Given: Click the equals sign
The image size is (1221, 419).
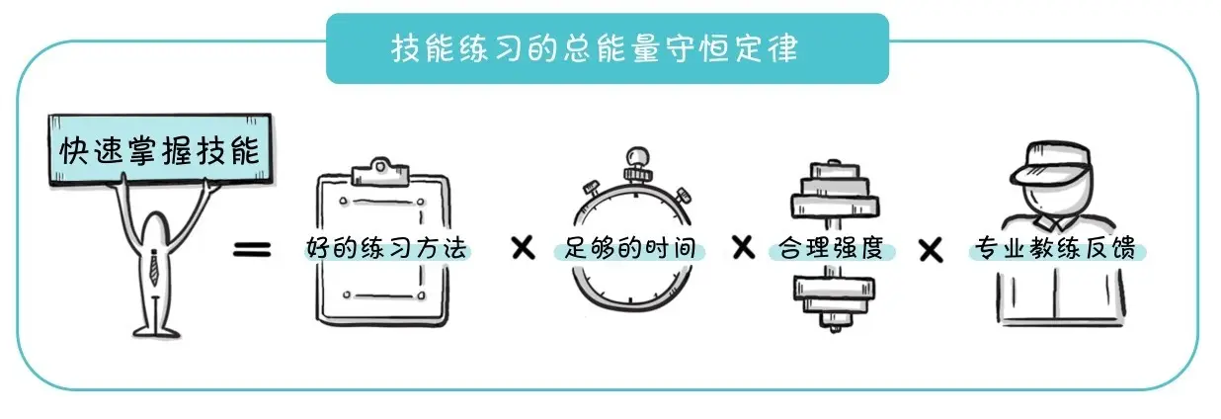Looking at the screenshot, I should click(x=251, y=249).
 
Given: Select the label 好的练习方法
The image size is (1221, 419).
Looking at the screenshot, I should click(x=388, y=248).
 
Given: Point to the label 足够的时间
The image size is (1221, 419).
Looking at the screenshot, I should click(x=633, y=248).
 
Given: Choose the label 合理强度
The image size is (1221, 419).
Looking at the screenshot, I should click(x=831, y=247).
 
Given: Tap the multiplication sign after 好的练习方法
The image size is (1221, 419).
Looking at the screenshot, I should click(x=523, y=248).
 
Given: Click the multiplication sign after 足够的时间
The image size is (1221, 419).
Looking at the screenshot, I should click(x=742, y=247).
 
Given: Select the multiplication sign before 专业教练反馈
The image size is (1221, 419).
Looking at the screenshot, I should click(x=930, y=249).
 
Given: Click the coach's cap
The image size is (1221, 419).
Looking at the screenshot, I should click(x=1050, y=163).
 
